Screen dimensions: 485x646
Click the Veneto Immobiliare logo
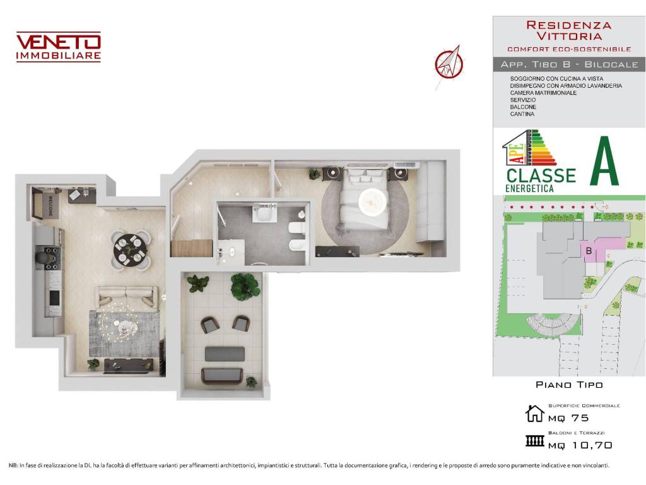point(58,47)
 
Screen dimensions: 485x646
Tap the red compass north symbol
point(449,63)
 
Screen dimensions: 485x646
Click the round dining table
point(131,250)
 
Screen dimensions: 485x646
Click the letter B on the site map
point(589,251)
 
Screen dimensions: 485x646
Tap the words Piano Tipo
point(569,385)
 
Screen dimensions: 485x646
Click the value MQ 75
point(568,417)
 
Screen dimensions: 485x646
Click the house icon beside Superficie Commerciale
point(534,414)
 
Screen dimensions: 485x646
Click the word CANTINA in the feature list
point(522,114)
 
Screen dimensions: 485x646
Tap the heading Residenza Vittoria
point(568,30)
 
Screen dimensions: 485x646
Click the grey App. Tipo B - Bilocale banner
point(569,64)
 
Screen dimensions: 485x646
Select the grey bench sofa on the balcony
point(224,354)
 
